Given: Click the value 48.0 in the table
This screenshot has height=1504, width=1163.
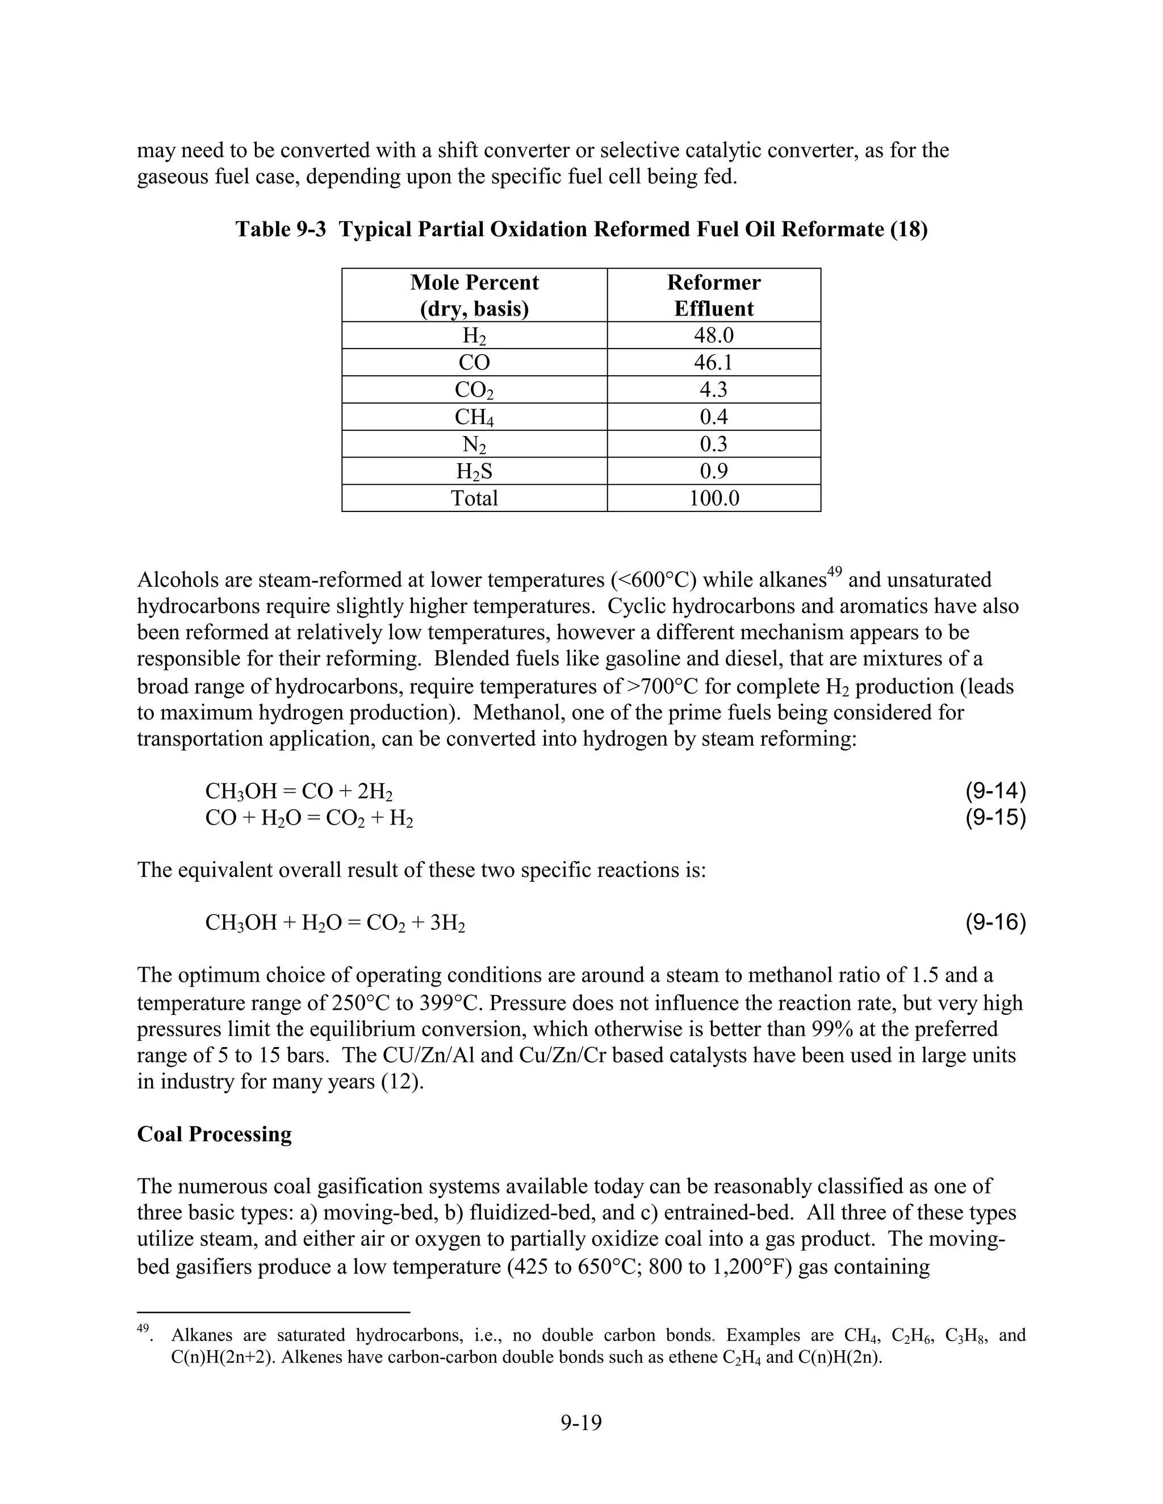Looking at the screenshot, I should (713, 335).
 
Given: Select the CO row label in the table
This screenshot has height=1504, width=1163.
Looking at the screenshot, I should (474, 362).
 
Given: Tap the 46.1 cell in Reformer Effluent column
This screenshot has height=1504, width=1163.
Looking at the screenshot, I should (713, 362).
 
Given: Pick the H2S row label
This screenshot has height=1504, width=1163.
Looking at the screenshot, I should (474, 471).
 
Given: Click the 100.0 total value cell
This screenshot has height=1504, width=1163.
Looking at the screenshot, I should (713, 498).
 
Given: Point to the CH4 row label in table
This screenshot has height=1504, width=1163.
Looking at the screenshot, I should (474, 417).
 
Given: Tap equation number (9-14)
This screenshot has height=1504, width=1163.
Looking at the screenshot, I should (995, 791).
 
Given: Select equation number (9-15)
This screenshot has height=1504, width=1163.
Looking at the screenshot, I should (995, 817).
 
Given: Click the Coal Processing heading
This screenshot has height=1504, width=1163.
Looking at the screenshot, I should (214, 1134).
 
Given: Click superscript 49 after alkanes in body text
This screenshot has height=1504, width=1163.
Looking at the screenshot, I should (834, 572).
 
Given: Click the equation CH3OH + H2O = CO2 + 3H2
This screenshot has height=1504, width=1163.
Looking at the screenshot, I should (335, 923).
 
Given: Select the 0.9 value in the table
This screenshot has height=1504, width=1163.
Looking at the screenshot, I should (713, 471).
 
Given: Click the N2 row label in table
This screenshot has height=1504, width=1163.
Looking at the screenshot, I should (474, 444).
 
